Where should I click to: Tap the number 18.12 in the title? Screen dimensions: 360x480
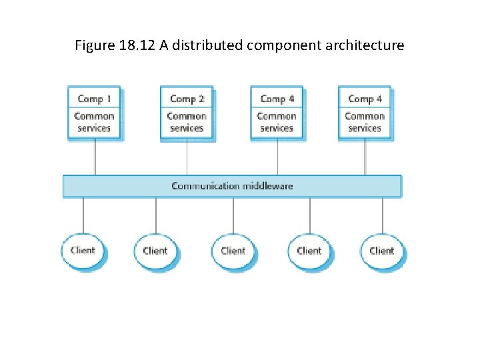[x=135, y=46]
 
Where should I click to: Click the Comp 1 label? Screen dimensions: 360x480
[x=94, y=99]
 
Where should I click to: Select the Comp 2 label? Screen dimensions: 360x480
[x=187, y=99]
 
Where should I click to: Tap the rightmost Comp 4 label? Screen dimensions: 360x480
[x=365, y=99]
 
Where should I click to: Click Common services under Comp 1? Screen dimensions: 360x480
[x=94, y=122]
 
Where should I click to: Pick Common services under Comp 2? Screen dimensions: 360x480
[x=187, y=122]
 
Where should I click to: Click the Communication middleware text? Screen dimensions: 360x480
[x=232, y=186]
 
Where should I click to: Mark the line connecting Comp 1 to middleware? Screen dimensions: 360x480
[x=95, y=157]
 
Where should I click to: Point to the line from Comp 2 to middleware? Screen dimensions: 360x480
[x=187, y=157]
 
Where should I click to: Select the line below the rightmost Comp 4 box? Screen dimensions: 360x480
[x=365, y=157]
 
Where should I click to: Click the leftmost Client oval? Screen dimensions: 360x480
[x=83, y=251]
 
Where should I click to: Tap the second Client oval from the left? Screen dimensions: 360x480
[x=155, y=251]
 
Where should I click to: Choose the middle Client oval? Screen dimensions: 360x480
[x=233, y=251]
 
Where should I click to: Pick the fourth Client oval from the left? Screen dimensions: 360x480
[x=309, y=251]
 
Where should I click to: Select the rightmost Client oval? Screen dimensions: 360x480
[x=382, y=251]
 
